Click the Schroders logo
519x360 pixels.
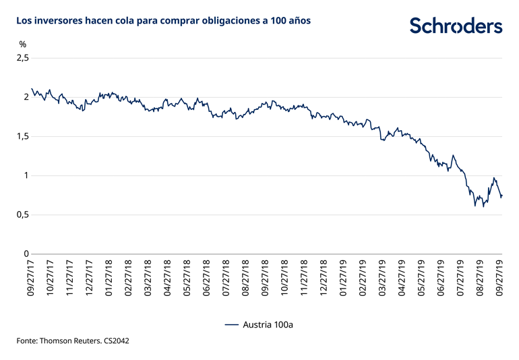(456, 26)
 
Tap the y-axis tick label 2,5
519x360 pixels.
(23, 59)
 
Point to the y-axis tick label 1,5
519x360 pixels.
(23, 137)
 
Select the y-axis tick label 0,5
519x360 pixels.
(23, 215)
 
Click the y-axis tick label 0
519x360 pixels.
(27, 254)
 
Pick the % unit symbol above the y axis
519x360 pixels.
(23, 44)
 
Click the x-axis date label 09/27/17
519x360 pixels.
(30, 279)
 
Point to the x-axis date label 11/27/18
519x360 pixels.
(303, 279)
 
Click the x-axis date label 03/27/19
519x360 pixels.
(381, 279)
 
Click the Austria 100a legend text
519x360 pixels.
(268, 324)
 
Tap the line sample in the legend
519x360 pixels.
(231, 324)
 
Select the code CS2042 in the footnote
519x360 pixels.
(117, 341)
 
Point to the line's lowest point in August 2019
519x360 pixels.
(475, 206)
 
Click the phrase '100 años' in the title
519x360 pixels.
(291, 21)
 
